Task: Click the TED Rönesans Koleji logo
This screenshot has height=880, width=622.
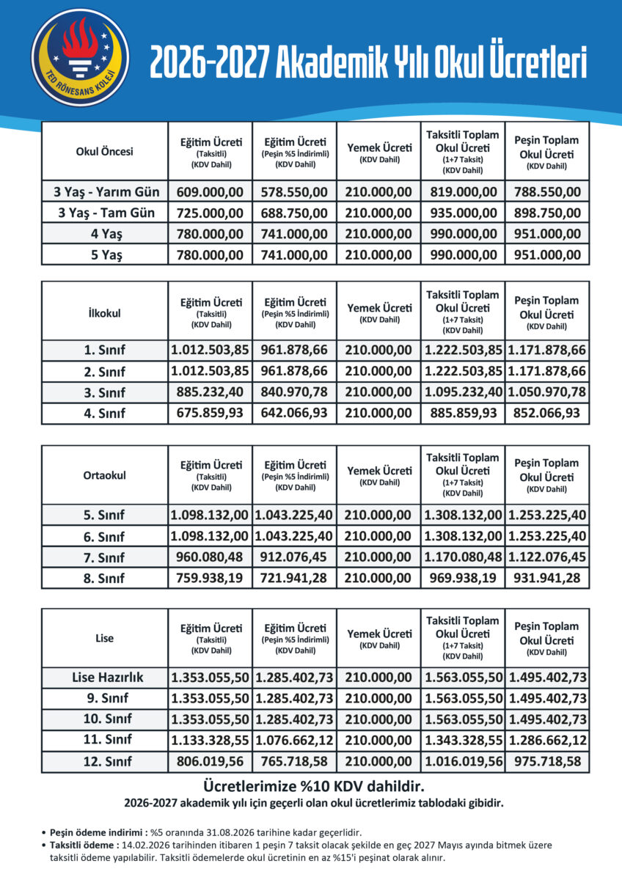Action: pyautogui.click(x=80, y=57)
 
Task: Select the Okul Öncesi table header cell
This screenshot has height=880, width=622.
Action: pyautogui.click(x=105, y=152)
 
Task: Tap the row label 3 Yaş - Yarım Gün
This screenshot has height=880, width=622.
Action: pyautogui.click(x=106, y=193)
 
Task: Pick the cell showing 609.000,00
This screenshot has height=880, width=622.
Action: pyautogui.click(x=210, y=193)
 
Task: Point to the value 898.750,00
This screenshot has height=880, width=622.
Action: pyautogui.click(x=547, y=213)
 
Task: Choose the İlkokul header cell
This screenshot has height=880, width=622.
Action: pyautogui.click(x=105, y=312)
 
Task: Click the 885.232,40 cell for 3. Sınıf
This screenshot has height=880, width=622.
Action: pyautogui.click(x=210, y=393)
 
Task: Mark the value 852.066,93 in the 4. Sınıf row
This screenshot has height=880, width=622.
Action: pyautogui.click(x=547, y=414)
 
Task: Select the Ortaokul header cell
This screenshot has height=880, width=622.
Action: pyautogui.click(x=105, y=475)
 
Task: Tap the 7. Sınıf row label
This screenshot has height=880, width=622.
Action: pyautogui.click(x=106, y=557)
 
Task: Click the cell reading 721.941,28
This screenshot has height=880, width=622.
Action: pyautogui.click(x=294, y=578)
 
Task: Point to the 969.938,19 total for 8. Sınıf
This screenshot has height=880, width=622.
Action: pyautogui.click(x=463, y=578)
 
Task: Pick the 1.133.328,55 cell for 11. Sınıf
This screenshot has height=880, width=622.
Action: pyautogui.click(x=210, y=741)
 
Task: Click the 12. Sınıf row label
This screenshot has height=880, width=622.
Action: pyautogui.click(x=105, y=761)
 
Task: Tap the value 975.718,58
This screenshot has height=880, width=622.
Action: pyautogui.click(x=547, y=761)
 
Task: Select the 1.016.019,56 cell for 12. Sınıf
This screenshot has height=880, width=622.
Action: pyautogui.click(x=463, y=761)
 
